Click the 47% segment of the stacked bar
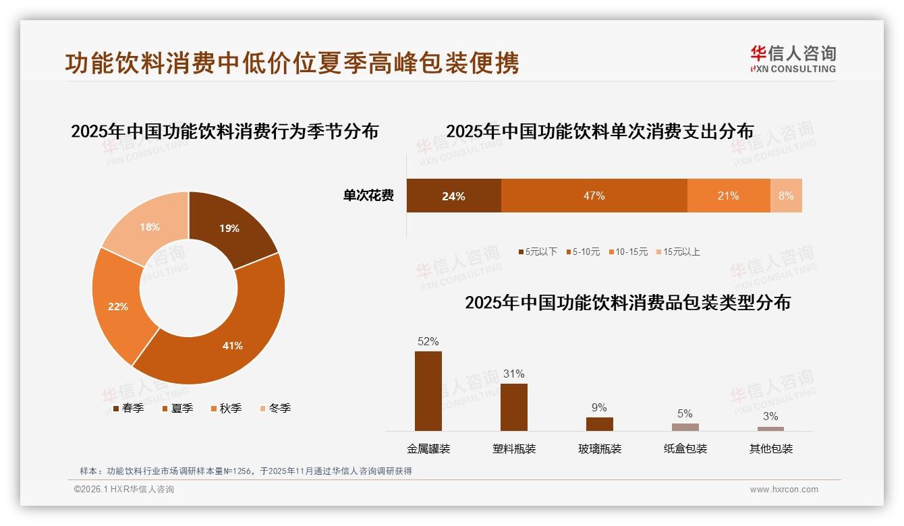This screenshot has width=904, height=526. click(x=594, y=196)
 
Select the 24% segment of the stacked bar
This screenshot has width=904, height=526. click(x=453, y=196)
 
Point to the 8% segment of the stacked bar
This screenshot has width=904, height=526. click(x=786, y=196)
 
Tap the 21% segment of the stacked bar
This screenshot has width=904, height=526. click(x=729, y=196)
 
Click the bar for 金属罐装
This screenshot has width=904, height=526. click(x=428, y=391)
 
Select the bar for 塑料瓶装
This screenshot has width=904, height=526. click(x=513, y=407)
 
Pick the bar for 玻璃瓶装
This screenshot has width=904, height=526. click(x=599, y=424)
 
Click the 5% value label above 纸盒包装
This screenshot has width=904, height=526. click(x=685, y=413)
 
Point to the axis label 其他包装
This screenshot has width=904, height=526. click(x=770, y=448)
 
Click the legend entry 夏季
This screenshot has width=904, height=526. click(x=177, y=408)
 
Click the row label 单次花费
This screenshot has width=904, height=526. click(x=368, y=196)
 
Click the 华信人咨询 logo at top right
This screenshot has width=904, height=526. click(x=793, y=59)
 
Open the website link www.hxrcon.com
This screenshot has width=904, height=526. click(x=783, y=490)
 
